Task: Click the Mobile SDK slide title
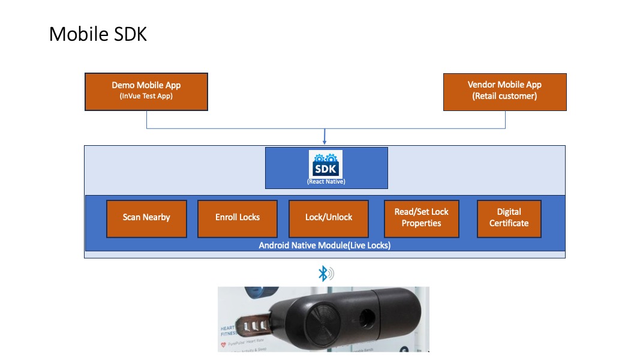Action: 98,34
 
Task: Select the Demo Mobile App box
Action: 146,92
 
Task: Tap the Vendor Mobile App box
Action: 504,92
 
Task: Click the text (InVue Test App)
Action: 146,96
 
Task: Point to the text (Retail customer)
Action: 504,96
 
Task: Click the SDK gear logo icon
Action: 326,164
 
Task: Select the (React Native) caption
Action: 326,181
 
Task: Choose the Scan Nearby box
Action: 146,217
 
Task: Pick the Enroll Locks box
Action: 238,217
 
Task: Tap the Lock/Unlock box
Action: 329,217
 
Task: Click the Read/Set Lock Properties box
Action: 421,217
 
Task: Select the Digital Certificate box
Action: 509,217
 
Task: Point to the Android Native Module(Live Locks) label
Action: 324,245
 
